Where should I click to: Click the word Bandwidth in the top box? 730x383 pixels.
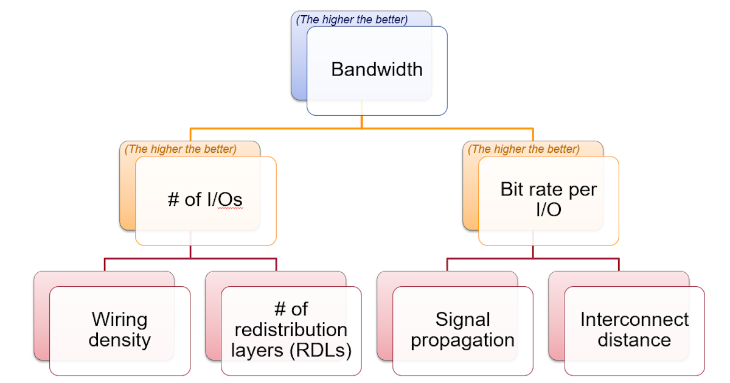pos(377,69)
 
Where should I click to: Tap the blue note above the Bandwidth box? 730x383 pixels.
pos(352,19)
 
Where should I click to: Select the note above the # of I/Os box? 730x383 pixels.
pos(181,149)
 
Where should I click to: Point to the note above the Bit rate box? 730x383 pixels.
pos(524,149)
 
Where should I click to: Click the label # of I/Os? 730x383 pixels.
pos(205,200)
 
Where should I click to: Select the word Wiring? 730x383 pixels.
pos(119,319)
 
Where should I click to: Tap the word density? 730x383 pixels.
pos(119,340)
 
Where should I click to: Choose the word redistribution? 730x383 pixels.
pos(291,329)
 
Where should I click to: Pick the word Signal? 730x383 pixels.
pos(462,319)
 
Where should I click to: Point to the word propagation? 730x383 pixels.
pos(462,340)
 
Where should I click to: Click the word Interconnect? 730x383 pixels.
pos(634,319)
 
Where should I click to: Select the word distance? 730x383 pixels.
pos(634,340)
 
